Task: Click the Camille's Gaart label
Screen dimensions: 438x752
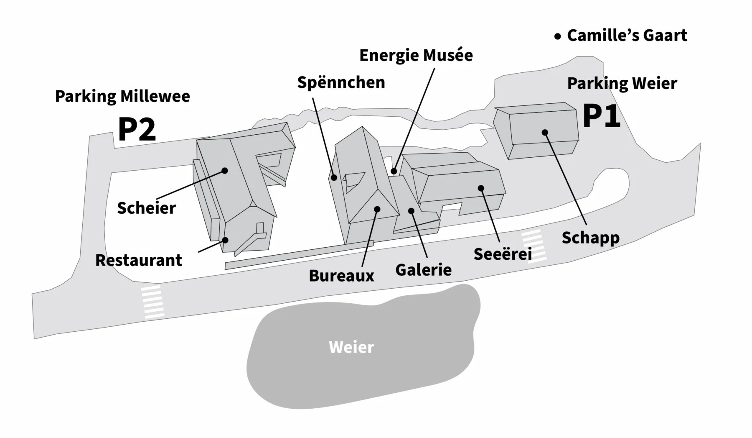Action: (x=627, y=36)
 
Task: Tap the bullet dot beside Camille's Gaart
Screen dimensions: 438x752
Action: (x=557, y=37)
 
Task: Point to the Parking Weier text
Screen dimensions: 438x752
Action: (x=622, y=84)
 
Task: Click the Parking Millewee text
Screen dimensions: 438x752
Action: (x=122, y=96)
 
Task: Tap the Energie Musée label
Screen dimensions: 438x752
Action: (x=416, y=55)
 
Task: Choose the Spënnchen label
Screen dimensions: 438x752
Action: (x=341, y=82)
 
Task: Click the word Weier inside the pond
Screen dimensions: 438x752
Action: (x=351, y=347)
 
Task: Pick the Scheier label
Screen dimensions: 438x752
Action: (x=146, y=208)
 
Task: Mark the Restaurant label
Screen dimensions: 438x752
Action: (x=139, y=260)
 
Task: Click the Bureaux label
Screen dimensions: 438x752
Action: (x=341, y=276)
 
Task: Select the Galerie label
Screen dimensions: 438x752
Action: (x=423, y=270)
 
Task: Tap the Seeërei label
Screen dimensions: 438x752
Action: (x=502, y=254)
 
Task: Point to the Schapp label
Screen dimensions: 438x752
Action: (x=590, y=238)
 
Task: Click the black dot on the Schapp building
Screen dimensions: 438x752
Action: (x=545, y=133)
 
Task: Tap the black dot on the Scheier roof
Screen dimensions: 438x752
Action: (x=225, y=171)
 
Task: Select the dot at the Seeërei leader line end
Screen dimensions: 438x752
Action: (x=481, y=188)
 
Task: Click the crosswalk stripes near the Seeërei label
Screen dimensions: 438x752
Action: (x=534, y=246)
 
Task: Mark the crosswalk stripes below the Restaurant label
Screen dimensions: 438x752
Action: (x=152, y=302)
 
